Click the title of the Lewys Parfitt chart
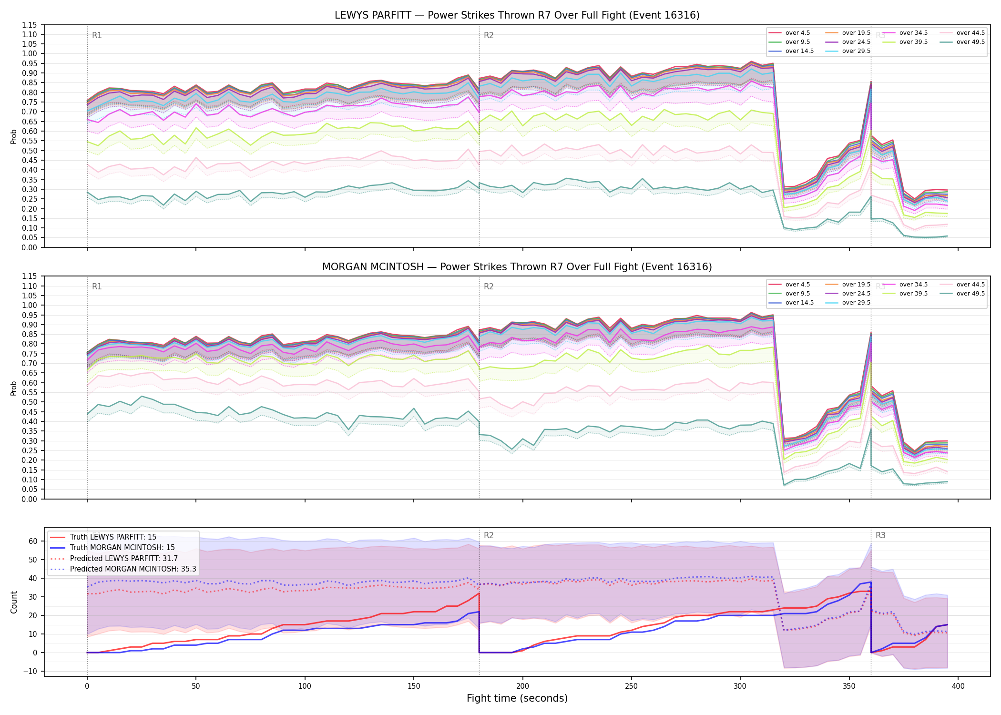point(517,15)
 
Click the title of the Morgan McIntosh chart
point(517,267)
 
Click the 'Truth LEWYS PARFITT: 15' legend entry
point(103,537)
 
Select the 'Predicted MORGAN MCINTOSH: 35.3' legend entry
point(123,569)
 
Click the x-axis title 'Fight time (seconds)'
point(517,698)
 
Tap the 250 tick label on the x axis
point(632,686)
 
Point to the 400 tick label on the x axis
point(958,686)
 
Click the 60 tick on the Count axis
point(33,541)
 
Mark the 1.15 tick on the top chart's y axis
point(29,25)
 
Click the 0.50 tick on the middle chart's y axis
point(29,402)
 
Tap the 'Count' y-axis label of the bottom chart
point(14,603)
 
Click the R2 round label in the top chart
point(489,35)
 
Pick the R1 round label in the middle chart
point(97,286)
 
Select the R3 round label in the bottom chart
point(880,535)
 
